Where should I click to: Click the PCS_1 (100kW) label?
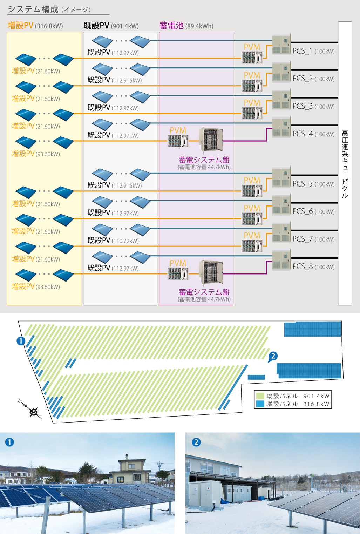[x=313, y=51]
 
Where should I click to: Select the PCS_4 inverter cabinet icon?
[x=281, y=128]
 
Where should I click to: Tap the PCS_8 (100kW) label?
[x=313, y=267]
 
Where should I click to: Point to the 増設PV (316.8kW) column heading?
[x=35, y=26]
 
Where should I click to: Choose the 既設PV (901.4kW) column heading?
[x=111, y=26]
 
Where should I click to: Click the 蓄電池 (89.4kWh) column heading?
[x=186, y=26]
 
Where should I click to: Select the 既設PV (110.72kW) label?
[x=113, y=241]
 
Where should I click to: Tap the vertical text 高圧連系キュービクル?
[x=345, y=164]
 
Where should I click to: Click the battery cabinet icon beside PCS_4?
[x=211, y=141]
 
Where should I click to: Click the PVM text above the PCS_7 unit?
[x=252, y=235]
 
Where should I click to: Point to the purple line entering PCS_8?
[x=245, y=273]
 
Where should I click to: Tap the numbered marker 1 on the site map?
[x=21, y=340]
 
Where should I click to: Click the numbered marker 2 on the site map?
[x=273, y=356]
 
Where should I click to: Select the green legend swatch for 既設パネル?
[x=260, y=396]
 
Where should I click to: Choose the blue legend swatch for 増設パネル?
[x=260, y=404]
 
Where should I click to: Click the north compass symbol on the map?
[x=33, y=412]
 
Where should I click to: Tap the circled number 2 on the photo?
[x=196, y=442]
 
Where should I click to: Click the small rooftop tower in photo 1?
[x=127, y=457]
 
